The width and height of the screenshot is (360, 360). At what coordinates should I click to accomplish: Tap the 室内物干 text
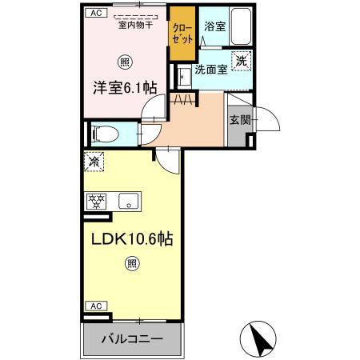click(135, 25)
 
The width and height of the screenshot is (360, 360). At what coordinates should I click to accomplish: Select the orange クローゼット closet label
click(181, 33)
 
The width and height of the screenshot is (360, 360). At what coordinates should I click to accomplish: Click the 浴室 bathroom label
click(214, 26)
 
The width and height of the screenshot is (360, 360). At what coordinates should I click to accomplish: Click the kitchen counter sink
click(129, 200)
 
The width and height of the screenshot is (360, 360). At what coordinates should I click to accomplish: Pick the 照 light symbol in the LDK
click(132, 262)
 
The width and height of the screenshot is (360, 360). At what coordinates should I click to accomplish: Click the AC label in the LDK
click(94, 306)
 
